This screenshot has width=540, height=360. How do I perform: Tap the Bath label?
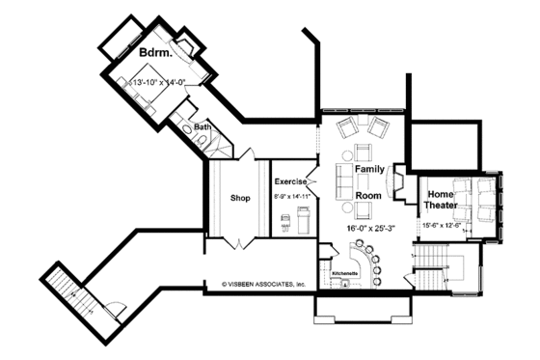coord(202,126)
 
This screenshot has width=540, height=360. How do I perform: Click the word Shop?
coord(240,198)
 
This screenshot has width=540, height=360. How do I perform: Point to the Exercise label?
coord(290,181)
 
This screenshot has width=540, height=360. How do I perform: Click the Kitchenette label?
coord(344,274)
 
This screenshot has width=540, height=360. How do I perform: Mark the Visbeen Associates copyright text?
coord(262,285)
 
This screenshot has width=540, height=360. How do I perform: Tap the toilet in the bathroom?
coord(198,139)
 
